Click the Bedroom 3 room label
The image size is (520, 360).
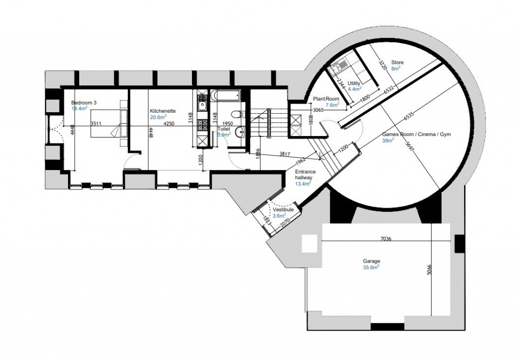(x=84, y=103)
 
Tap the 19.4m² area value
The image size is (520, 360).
(x=80, y=109)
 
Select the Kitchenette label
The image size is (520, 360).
(x=163, y=111)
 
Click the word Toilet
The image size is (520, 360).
(x=224, y=129)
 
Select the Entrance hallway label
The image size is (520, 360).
(x=305, y=175)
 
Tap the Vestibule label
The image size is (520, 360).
(x=283, y=210)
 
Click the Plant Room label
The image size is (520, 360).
(x=325, y=99)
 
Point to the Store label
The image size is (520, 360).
(x=397, y=62)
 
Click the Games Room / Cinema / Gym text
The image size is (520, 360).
(x=416, y=135)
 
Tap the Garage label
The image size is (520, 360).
(x=371, y=261)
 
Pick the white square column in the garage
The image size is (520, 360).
(x=309, y=244)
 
